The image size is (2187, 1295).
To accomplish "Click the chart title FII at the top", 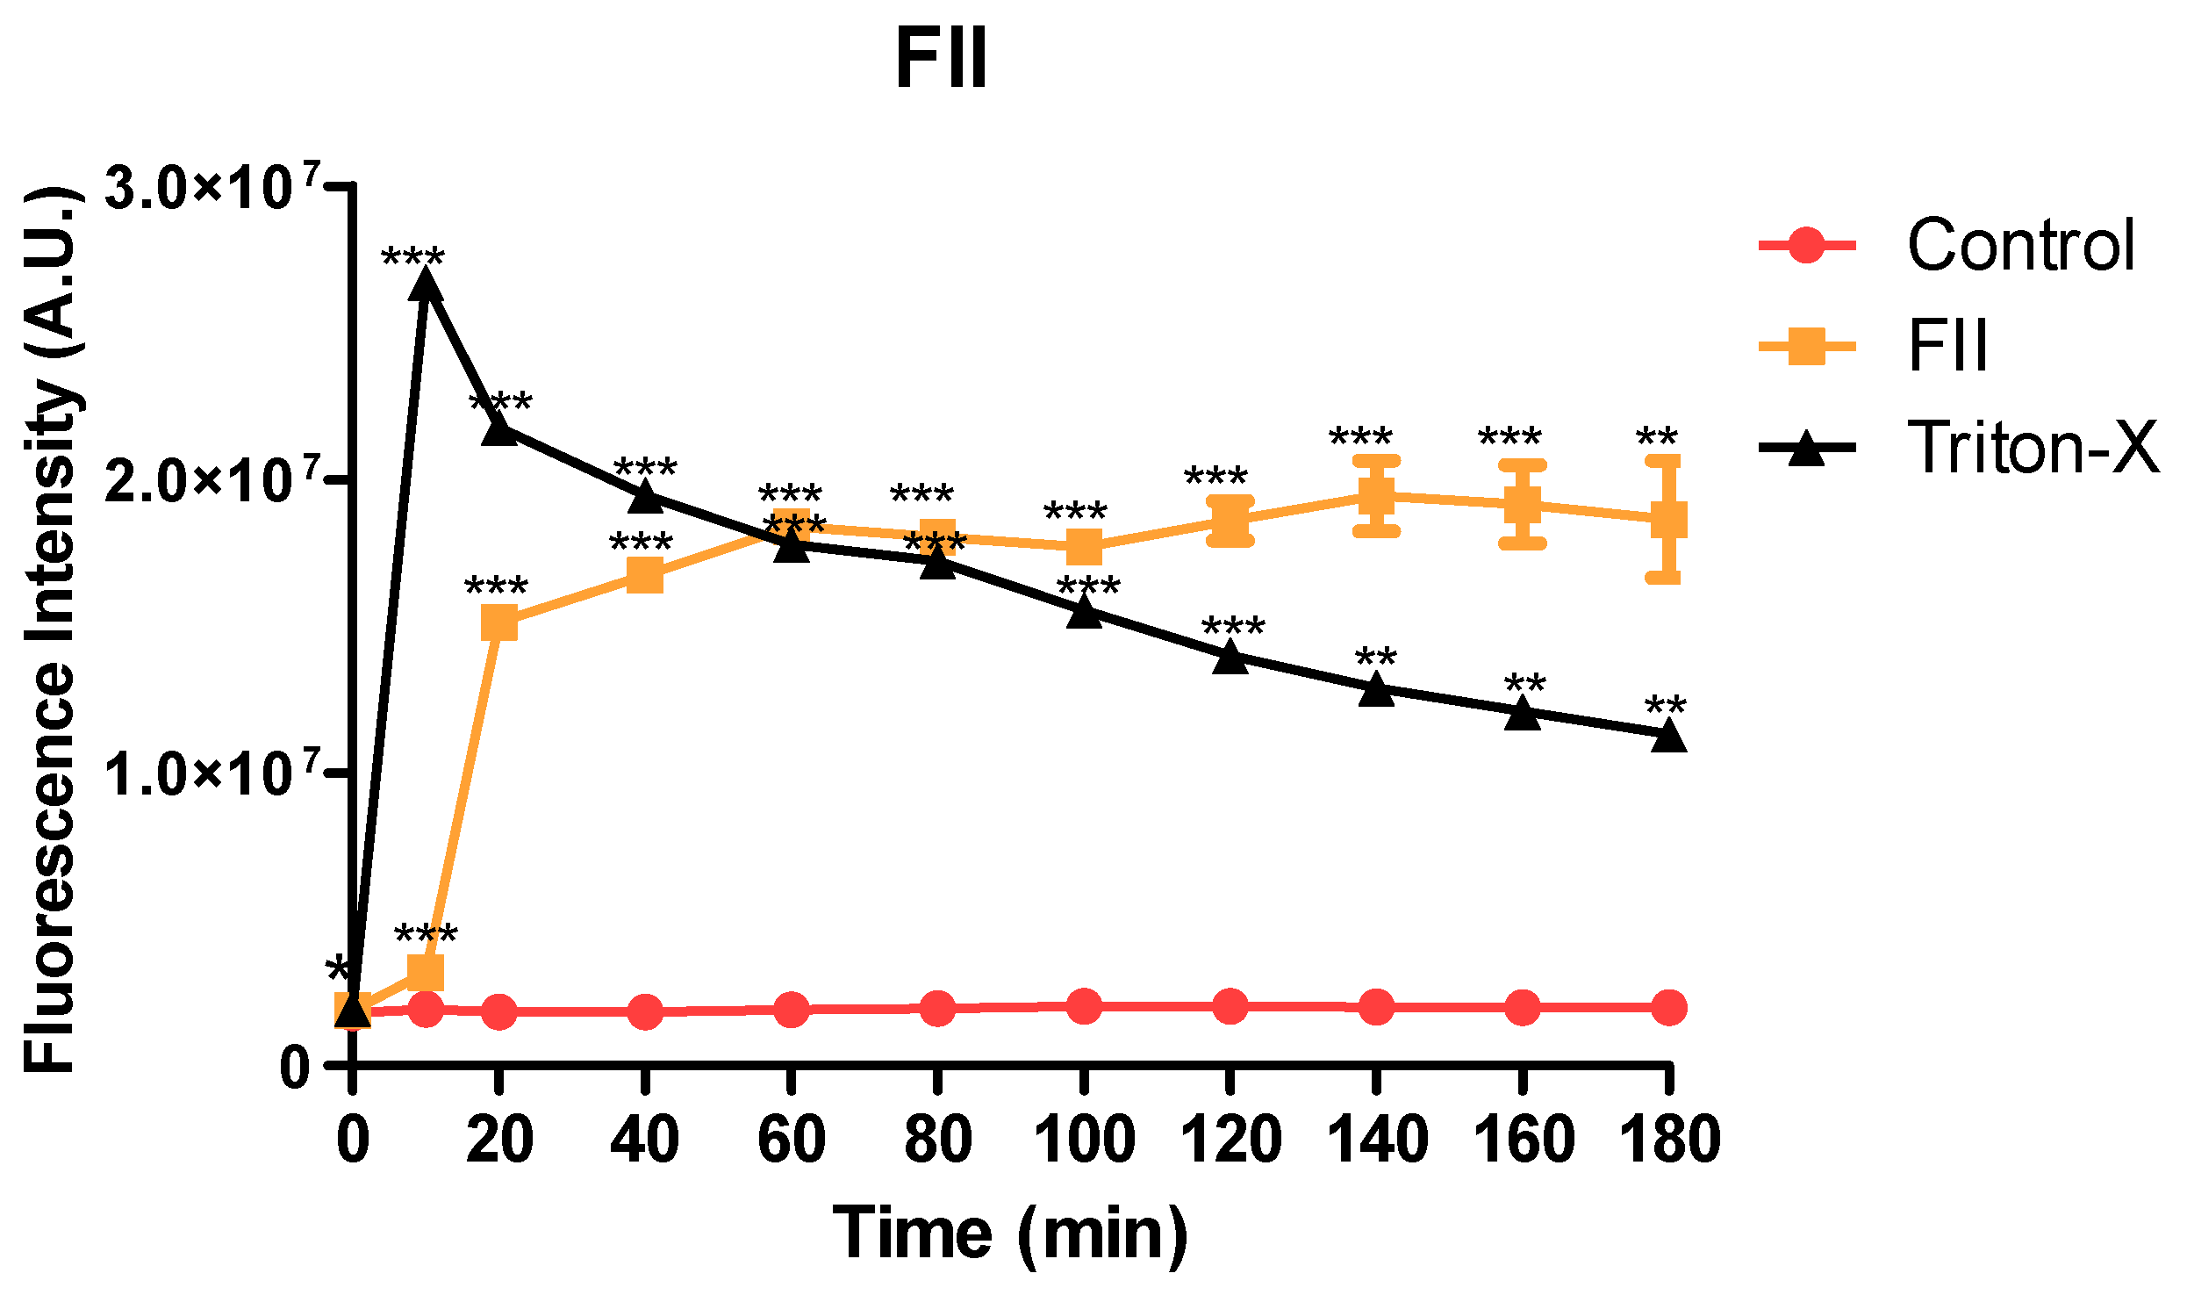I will [x=941, y=60].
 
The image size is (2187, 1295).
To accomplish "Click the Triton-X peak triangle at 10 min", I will [x=426, y=286].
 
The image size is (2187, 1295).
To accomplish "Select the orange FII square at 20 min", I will [x=499, y=622].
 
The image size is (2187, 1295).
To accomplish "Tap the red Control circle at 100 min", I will [x=1084, y=1005].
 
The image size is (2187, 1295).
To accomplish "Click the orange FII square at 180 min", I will [x=1668, y=520].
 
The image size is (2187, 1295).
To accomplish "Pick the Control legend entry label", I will [x=2020, y=245].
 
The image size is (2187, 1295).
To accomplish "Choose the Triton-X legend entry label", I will [x=2033, y=448].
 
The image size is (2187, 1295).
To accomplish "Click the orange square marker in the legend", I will [x=1806, y=346].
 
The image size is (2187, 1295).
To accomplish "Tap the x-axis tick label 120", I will [x=1230, y=1140].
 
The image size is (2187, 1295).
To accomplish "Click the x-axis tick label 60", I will [x=791, y=1140].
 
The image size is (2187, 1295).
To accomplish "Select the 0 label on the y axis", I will [x=295, y=1068].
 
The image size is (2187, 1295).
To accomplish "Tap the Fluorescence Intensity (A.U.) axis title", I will [x=50, y=629].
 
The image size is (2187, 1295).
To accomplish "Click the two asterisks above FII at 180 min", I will [x=1656, y=436].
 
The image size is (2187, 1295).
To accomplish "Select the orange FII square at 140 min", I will [x=1375, y=496].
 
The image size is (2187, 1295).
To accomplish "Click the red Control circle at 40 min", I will [x=645, y=1011].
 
